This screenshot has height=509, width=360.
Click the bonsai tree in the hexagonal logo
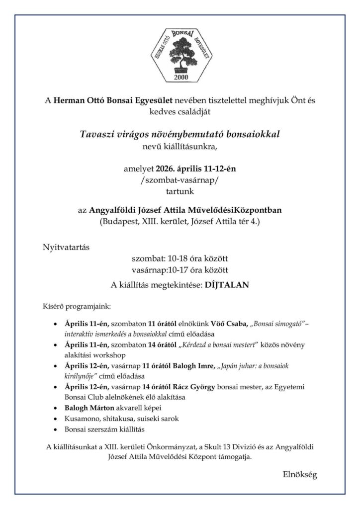click(180, 53)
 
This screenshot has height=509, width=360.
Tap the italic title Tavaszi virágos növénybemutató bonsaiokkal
click(180, 134)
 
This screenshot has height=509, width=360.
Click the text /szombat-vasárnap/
click(180, 179)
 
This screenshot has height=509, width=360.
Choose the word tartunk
click(180, 190)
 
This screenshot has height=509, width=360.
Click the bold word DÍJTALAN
click(227, 286)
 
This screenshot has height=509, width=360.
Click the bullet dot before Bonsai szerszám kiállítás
click(54, 428)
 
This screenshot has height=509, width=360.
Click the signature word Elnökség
click(297, 474)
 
